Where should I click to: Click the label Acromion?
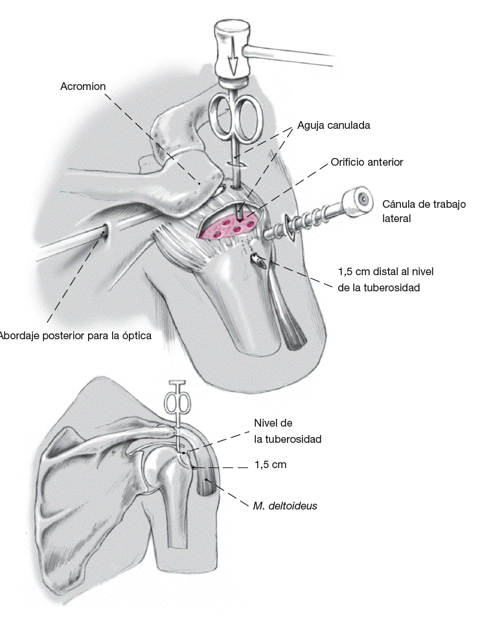point(83,86)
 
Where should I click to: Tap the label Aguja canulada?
point(334,126)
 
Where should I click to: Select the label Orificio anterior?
point(367,163)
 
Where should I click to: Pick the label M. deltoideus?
point(285,506)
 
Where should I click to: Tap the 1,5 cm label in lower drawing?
point(270,465)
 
